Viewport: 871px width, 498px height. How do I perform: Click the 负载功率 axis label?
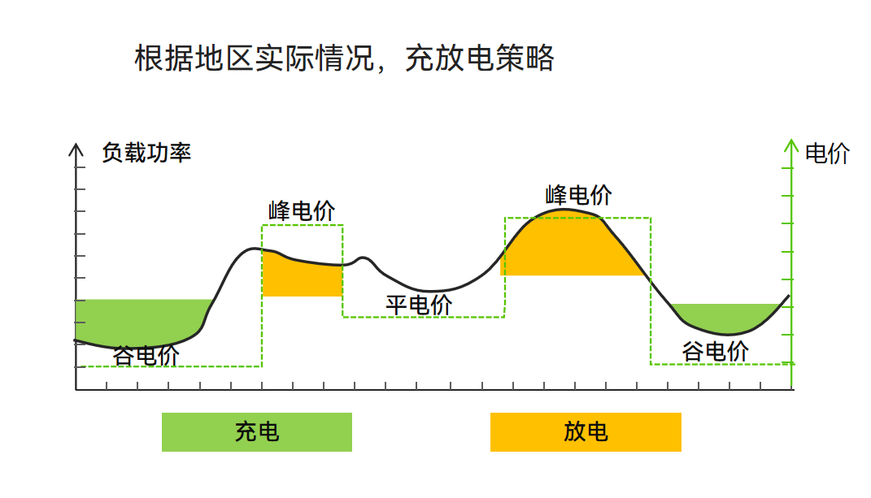pyautogui.click(x=146, y=153)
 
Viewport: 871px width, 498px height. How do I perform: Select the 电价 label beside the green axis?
pyautogui.click(x=826, y=154)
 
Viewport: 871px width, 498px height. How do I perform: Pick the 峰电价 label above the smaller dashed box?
pyautogui.click(x=302, y=211)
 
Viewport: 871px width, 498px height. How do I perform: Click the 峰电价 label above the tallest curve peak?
pyautogui.click(x=579, y=195)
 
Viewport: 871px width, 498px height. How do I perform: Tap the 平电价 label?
pyautogui.click(x=419, y=305)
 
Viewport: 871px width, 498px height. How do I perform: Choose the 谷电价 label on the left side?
pyautogui.click(x=146, y=356)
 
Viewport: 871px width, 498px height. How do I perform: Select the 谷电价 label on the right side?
pyautogui.click(x=716, y=352)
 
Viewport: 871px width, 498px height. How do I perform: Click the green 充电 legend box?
pyautogui.click(x=257, y=432)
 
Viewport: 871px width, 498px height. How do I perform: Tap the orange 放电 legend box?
pyautogui.click(x=586, y=432)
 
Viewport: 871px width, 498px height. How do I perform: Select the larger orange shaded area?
pyautogui.click(x=569, y=248)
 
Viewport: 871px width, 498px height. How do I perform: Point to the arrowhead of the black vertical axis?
pyautogui.click(x=76, y=149)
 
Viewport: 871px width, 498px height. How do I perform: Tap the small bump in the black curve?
pyautogui.click(x=364, y=259)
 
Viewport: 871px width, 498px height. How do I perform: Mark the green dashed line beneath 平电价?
pyautogui.click(x=423, y=317)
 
